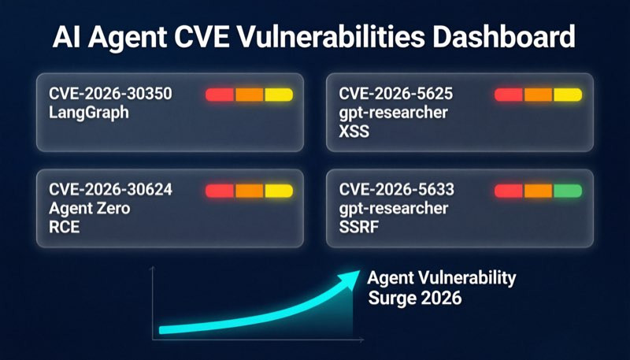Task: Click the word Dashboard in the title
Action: [504, 36]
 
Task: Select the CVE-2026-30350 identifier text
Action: [110, 94]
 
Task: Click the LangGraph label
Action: [89, 113]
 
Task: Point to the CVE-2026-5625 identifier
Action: [396, 94]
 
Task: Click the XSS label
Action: [354, 132]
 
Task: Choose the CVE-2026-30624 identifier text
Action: [110, 189]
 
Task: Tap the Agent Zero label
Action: [90, 208]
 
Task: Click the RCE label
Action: [65, 227]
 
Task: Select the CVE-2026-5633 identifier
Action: [397, 189]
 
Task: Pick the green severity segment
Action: [568, 191]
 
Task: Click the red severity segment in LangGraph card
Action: [220, 95]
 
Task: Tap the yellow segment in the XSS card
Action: [568, 95]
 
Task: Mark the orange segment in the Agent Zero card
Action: [249, 191]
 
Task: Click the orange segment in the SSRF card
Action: [538, 191]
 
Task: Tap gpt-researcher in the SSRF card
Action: [393, 208]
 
